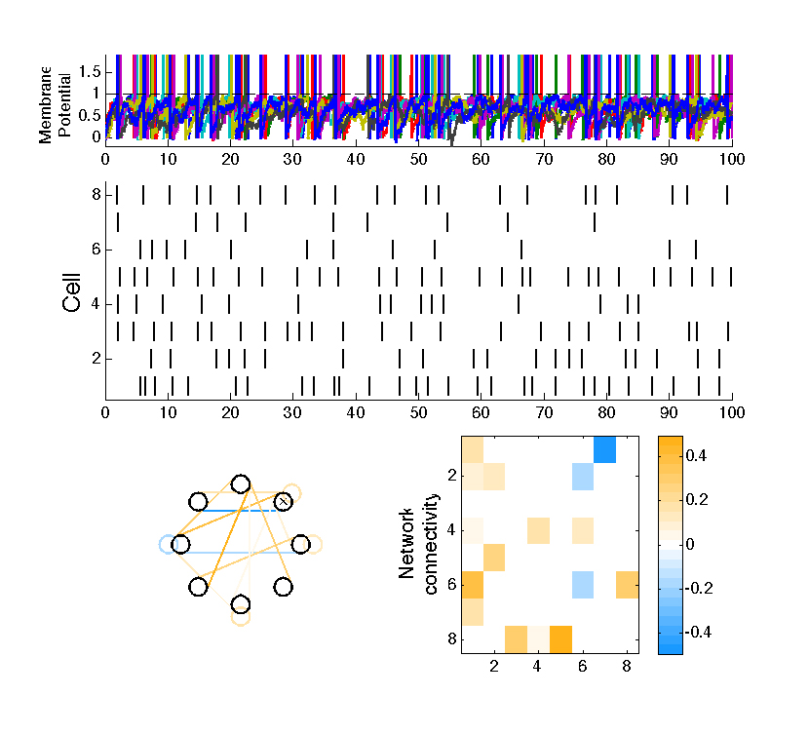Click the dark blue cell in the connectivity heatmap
pyautogui.click(x=604, y=449)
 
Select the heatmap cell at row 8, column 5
pyautogui.click(x=560, y=639)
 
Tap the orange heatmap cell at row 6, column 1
pyautogui.click(x=473, y=585)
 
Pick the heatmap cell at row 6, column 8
pyautogui.click(x=628, y=585)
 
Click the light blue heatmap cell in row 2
pyautogui.click(x=583, y=477)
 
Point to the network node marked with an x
pyautogui.click(x=283, y=501)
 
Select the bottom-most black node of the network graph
pyautogui.click(x=241, y=604)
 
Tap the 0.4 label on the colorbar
pyautogui.click(x=696, y=456)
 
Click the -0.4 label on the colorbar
pyautogui.click(x=698, y=632)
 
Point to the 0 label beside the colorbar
pyautogui.click(x=690, y=544)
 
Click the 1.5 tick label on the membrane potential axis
pyautogui.click(x=90, y=72)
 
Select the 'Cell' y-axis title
pyautogui.click(x=72, y=292)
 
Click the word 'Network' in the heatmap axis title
pyautogui.click(x=406, y=544)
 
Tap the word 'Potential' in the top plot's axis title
pyautogui.click(x=64, y=105)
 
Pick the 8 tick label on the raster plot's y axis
pyautogui.click(x=96, y=195)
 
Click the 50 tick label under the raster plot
pyautogui.click(x=418, y=412)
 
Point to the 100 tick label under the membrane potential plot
pyautogui.click(x=732, y=160)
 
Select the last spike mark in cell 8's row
pyautogui.click(x=727, y=195)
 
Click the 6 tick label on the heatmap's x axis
pyautogui.click(x=583, y=667)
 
